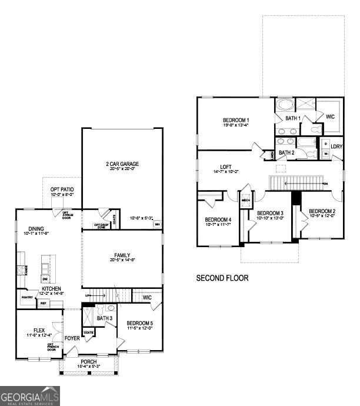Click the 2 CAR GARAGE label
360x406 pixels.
122,164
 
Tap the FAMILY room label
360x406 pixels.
122,255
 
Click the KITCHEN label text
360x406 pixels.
52,289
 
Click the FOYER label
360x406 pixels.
72,338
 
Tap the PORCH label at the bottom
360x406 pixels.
89,361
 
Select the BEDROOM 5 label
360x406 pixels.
141,323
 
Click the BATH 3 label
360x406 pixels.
105,318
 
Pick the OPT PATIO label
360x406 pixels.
62,188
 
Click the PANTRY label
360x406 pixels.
27,298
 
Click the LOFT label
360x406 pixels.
226,167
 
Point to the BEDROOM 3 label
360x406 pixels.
271,212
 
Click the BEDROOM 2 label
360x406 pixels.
322,211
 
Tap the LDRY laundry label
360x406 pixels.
336,147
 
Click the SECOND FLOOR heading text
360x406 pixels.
222,278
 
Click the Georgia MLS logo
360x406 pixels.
29,395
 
